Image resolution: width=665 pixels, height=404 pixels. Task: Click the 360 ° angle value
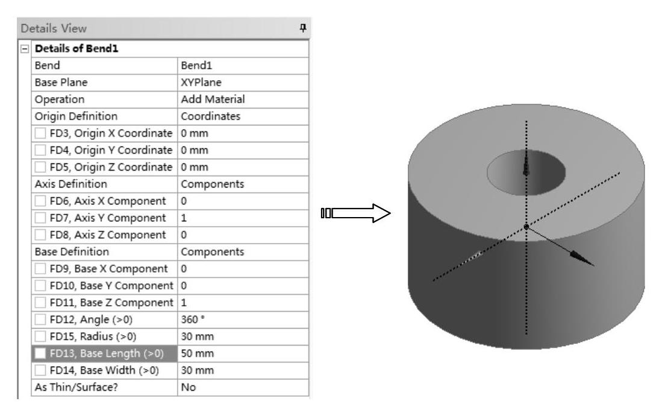click(194, 319)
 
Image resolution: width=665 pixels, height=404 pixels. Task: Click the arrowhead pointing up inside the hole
click(526, 168)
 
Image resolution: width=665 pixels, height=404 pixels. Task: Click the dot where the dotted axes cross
click(526, 227)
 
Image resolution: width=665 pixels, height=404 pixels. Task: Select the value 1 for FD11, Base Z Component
click(184, 302)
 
